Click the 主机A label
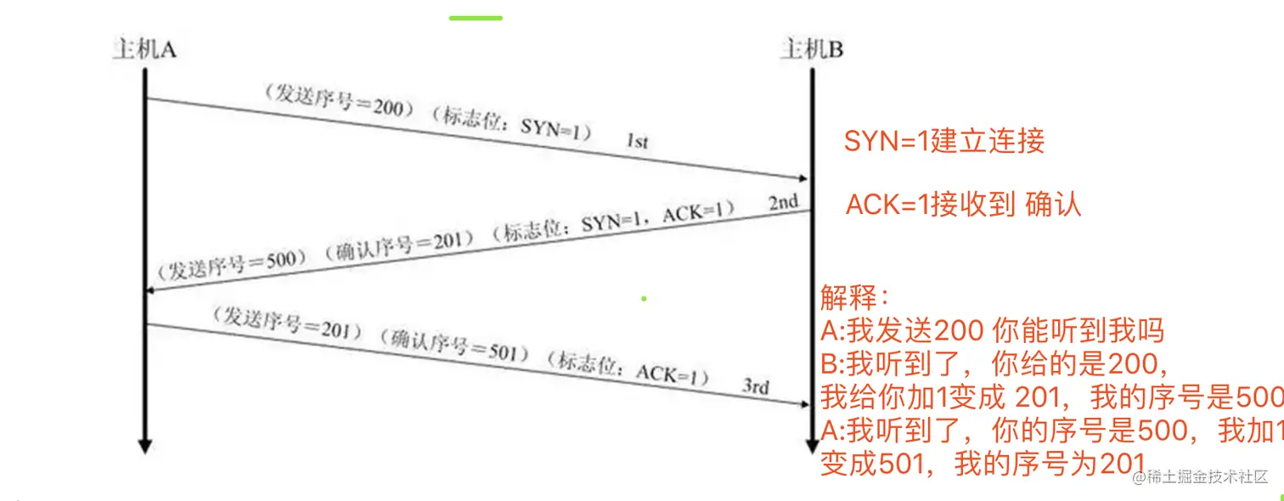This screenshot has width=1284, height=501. pyautogui.click(x=144, y=50)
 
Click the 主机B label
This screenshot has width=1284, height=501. pyautogui.click(x=812, y=50)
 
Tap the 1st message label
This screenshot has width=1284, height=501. pyautogui.click(x=638, y=142)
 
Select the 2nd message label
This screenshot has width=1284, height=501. pyautogui.click(x=783, y=202)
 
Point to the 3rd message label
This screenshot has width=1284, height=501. pyautogui.click(x=756, y=387)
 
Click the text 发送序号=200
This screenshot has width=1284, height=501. pyautogui.click(x=339, y=101)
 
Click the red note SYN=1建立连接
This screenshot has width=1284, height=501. pyautogui.click(x=943, y=141)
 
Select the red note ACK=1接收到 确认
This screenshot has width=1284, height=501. pyautogui.click(x=963, y=205)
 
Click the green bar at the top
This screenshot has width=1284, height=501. pyautogui.click(x=476, y=17)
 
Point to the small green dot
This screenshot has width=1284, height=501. pyautogui.click(x=645, y=298)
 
